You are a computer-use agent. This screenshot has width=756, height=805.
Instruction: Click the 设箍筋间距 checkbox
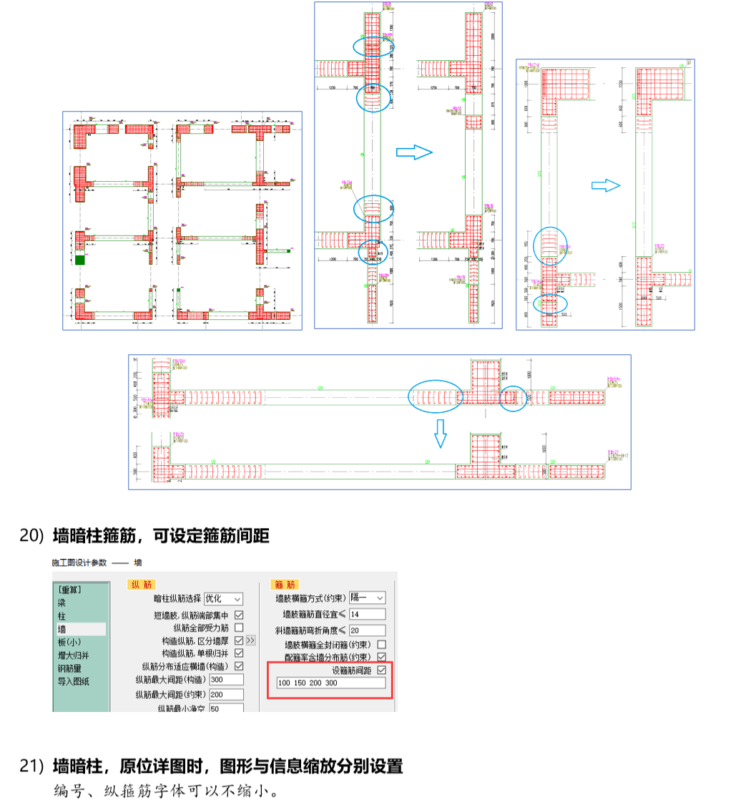381,670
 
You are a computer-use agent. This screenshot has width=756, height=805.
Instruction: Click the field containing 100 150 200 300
330,683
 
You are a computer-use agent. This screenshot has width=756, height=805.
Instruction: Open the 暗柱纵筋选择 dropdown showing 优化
223,598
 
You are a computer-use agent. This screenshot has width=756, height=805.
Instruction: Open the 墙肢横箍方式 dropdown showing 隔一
370,597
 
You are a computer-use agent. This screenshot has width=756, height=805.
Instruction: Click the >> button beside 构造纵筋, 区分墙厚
250,640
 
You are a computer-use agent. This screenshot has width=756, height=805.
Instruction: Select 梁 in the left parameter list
63,602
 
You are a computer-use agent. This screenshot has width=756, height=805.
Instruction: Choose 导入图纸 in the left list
74,680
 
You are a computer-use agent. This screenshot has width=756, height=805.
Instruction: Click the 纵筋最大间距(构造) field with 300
226,679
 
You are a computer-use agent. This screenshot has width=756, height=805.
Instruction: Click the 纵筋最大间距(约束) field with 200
226,694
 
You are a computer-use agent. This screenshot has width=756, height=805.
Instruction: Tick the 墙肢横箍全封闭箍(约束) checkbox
381,644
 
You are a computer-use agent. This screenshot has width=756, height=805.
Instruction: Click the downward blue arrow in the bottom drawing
441,433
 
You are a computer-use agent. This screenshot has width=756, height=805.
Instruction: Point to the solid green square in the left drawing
79,260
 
